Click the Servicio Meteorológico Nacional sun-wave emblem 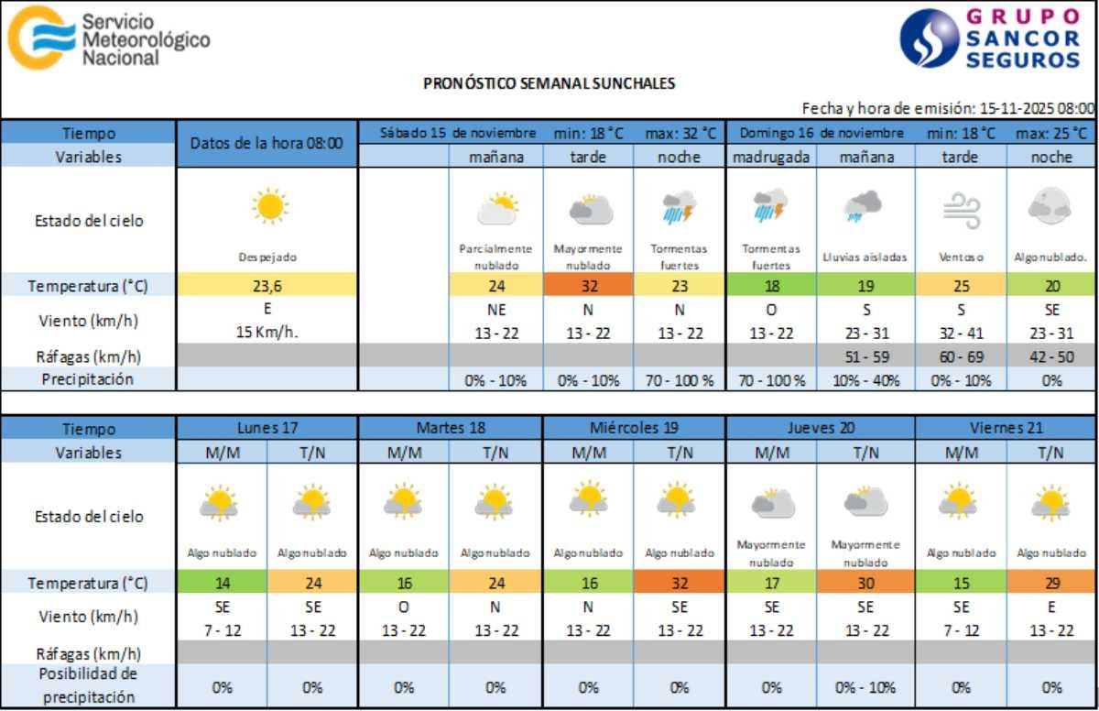click(x=41, y=38)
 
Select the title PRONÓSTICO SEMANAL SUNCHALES click(x=549, y=83)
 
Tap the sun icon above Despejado click(x=270, y=206)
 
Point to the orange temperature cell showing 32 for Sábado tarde click(x=588, y=285)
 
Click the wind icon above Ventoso click(x=961, y=210)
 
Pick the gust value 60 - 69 click(x=961, y=356)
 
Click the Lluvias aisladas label click(x=865, y=257)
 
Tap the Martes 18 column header click(x=450, y=427)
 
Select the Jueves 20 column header click(x=820, y=427)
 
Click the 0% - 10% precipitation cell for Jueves click(x=865, y=687)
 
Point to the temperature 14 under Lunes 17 click(x=221, y=583)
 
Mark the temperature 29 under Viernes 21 click(x=1051, y=583)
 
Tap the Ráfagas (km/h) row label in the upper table click(x=88, y=356)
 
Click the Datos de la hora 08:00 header click(x=267, y=143)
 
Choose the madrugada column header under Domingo click(x=771, y=157)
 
